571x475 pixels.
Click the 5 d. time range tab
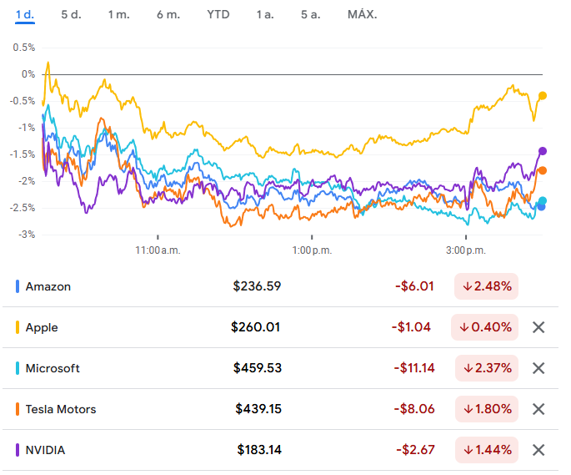(71, 15)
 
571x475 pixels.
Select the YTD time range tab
(218, 15)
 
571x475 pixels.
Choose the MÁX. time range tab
(362, 15)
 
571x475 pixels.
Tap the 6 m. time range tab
(168, 15)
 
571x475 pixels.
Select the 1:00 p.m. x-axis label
(312, 250)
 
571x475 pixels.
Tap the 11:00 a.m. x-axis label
(158, 250)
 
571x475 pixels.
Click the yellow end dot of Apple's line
(543, 96)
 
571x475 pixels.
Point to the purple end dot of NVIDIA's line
(543, 151)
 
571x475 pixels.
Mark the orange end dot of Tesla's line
(543, 170)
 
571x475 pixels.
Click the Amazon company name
(48, 286)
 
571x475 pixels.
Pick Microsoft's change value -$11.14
(413, 368)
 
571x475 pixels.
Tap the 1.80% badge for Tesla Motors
(487, 409)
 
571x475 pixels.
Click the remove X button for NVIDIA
(538, 450)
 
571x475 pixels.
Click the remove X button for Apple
(538, 327)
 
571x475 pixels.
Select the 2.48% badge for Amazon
(487, 286)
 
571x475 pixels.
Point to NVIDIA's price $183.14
(259, 450)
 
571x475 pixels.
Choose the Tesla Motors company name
(61, 409)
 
